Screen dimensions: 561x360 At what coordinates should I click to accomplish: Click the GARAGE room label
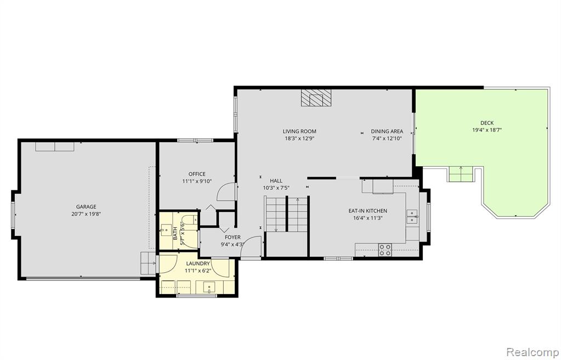(86, 207)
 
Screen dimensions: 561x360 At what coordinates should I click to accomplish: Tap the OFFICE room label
(197, 174)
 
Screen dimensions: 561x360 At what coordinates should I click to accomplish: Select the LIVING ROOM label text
(299, 132)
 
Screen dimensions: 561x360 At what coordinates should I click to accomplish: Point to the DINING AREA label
(387, 132)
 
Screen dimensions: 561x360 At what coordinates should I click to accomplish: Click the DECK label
(487, 123)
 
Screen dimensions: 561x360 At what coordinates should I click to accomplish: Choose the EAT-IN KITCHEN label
(368, 211)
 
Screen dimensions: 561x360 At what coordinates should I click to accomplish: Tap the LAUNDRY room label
(198, 263)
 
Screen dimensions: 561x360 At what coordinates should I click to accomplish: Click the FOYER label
(233, 237)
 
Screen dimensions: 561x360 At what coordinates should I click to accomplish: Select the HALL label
(276, 181)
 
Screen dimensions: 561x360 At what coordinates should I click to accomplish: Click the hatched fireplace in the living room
(316, 98)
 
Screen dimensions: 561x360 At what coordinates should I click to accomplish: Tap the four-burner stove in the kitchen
(385, 250)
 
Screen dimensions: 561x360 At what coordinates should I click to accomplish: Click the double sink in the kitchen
(412, 217)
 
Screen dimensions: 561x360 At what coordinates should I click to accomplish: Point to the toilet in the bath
(189, 219)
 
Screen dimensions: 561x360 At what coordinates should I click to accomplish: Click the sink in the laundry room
(209, 287)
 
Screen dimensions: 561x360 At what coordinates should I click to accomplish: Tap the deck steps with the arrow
(461, 174)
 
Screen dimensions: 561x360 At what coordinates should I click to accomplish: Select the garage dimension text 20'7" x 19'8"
(86, 214)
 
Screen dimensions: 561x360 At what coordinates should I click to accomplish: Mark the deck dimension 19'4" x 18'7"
(487, 130)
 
